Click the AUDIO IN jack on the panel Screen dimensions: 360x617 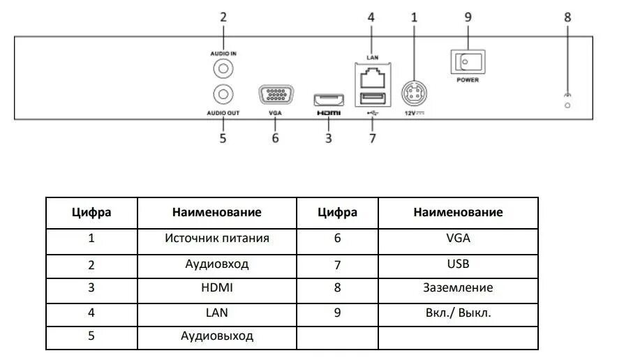point(223,68)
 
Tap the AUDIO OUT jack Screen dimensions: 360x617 point(223,93)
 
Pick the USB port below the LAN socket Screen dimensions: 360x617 point(371,97)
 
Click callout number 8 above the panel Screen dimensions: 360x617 point(567,17)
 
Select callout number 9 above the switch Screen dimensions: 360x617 point(468,17)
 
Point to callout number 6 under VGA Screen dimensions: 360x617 point(275,137)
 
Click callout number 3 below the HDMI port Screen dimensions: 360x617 point(328,137)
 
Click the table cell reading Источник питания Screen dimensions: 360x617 point(217,239)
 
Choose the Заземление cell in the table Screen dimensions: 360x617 point(458,287)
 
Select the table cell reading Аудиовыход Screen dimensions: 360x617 point(217,336)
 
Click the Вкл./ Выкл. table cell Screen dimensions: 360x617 point(458,312)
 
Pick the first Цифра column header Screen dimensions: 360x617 point(91,212)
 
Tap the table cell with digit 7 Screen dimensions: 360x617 point(337,264)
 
